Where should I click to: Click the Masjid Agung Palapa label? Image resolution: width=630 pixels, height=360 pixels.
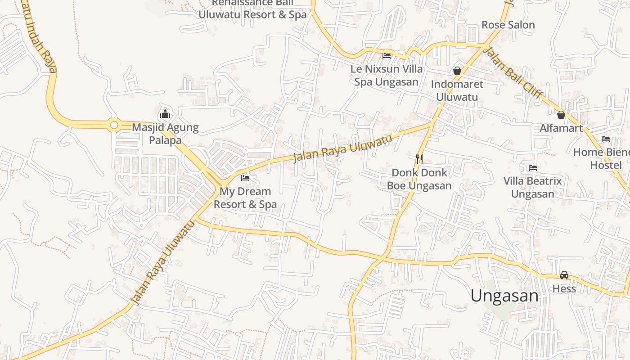tap(165, 134)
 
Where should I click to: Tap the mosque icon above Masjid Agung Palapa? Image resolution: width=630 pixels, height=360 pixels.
tap(165, 114)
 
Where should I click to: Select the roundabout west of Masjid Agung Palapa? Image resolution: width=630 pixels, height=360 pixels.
tap(114, 125)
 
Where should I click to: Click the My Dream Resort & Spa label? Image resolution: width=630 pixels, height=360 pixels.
tap(245, 198)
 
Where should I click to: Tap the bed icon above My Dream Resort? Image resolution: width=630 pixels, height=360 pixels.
tap(245, 178)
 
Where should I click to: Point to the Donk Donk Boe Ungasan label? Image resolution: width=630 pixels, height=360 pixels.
tap(419, 179)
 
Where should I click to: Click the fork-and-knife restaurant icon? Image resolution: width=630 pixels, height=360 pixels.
tap(419, 159)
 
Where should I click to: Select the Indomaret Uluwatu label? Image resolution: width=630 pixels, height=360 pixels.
tap(457, 90)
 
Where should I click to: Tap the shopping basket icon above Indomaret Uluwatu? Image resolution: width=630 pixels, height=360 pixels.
tap(457, 71)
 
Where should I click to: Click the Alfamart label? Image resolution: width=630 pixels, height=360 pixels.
tap(561, 128)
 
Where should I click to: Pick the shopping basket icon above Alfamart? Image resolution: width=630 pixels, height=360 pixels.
tap(561, 115)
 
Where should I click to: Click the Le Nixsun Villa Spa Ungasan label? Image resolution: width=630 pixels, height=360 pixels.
tap(387, 76)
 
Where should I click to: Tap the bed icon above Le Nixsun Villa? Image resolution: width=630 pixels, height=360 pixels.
tap(387, 56)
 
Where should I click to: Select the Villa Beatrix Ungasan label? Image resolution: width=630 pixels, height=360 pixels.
tap(533, 188)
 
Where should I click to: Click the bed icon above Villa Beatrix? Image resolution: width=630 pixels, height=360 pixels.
tap(533, 168)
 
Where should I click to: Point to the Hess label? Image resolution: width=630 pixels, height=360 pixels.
tap(564, 288)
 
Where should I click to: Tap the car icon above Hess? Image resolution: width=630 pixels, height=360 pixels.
tap(564, 275)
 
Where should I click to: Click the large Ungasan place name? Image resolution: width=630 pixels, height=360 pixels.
tap(504, 296)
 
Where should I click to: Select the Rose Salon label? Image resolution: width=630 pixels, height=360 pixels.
tap(508, 25)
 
